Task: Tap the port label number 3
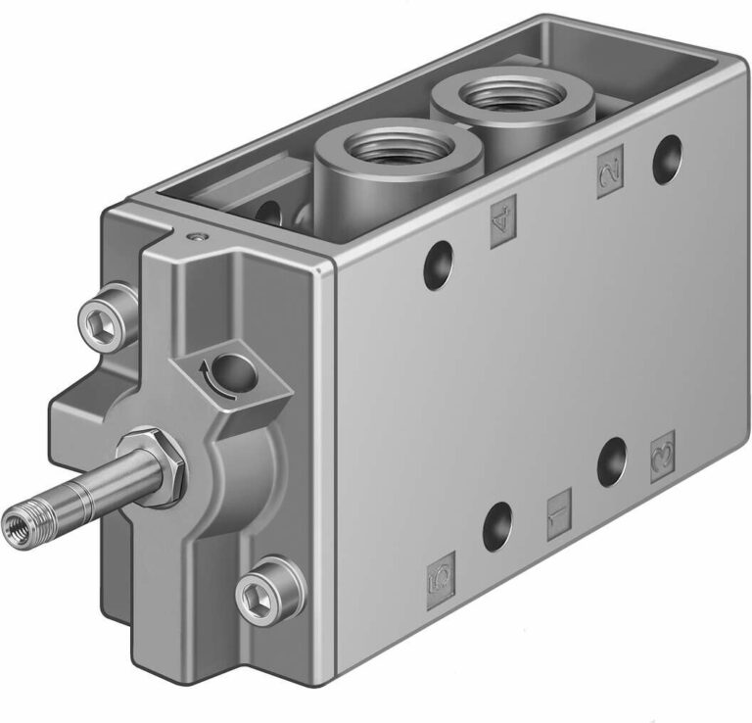[663, 452]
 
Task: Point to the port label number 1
[558, 514]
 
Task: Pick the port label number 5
[441, 579]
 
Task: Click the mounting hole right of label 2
[668, 153]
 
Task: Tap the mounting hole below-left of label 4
[438, 263]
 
